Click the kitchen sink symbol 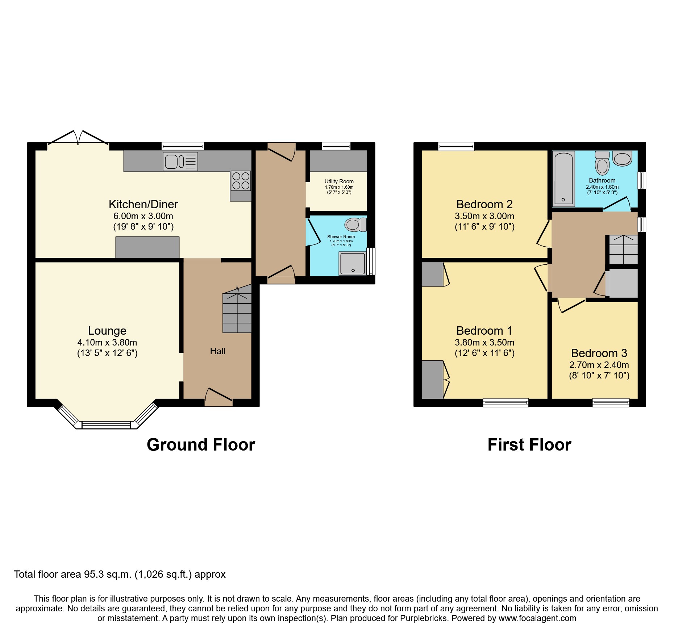180,162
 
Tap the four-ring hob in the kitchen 241,181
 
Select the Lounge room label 107,331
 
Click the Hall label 218,351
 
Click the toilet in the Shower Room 355,225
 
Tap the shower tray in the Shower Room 353,264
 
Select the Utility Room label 339,181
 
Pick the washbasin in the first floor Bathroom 623,159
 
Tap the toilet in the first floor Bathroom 602,163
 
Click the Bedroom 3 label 599,353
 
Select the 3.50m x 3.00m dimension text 484,216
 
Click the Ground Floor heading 201,445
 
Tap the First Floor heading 529,445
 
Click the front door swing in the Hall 219,396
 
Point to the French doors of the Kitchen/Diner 78,139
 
